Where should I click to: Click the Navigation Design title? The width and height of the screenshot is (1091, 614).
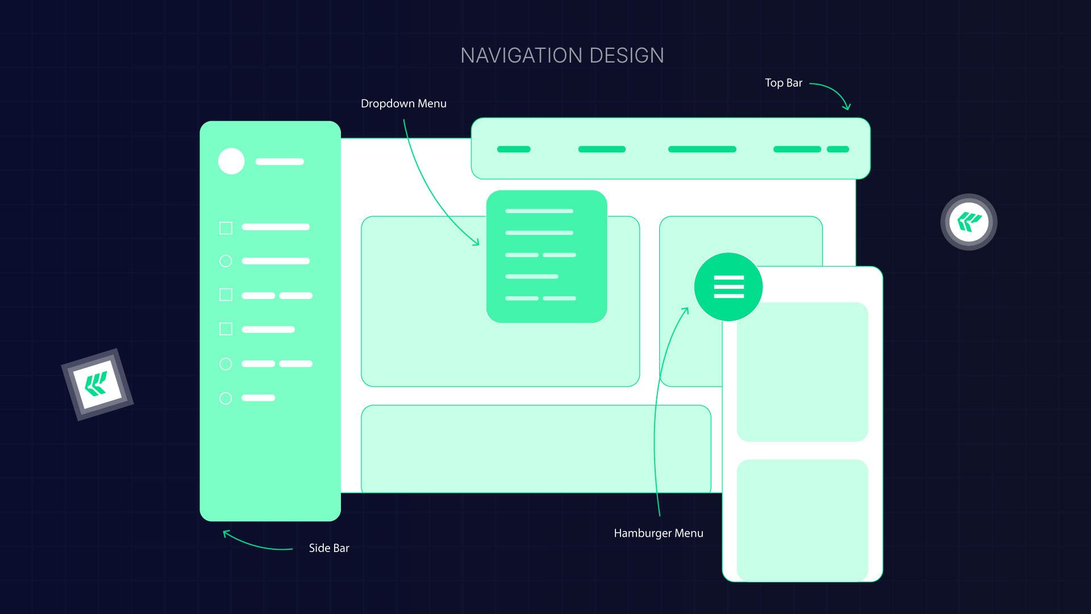coord(562,56)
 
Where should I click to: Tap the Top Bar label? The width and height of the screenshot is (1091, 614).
coord(783,83)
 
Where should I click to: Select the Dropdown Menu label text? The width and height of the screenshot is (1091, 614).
coord(403,103)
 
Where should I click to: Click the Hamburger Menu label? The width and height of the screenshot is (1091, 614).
coord(658,533)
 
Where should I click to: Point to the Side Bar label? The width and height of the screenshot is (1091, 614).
coord(328,548)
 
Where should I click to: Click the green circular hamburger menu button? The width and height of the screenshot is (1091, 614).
coord(728,287)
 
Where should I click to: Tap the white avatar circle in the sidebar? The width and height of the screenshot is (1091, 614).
coord(231,161)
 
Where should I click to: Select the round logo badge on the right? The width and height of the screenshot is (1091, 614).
coord(969,222)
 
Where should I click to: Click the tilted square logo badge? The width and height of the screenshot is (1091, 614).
coord(97,384)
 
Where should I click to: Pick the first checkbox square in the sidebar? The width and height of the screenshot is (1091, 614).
coord(226,228)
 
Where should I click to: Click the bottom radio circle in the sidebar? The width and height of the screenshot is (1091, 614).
coord(226,399)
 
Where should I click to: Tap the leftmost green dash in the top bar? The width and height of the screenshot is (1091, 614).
coord(514,150)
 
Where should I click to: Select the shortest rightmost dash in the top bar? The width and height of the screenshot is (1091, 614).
coord(838,150)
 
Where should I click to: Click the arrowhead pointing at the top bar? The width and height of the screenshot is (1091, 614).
coord(847,106)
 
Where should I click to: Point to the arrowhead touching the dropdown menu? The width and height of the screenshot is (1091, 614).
coord(476,242)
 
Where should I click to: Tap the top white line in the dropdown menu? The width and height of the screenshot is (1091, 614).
coord(539,211)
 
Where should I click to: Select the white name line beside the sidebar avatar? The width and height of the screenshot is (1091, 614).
coord(280,161)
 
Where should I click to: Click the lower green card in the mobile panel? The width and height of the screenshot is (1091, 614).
coord(802,520)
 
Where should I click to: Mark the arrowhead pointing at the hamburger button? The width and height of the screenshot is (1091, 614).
coord(686,310)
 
